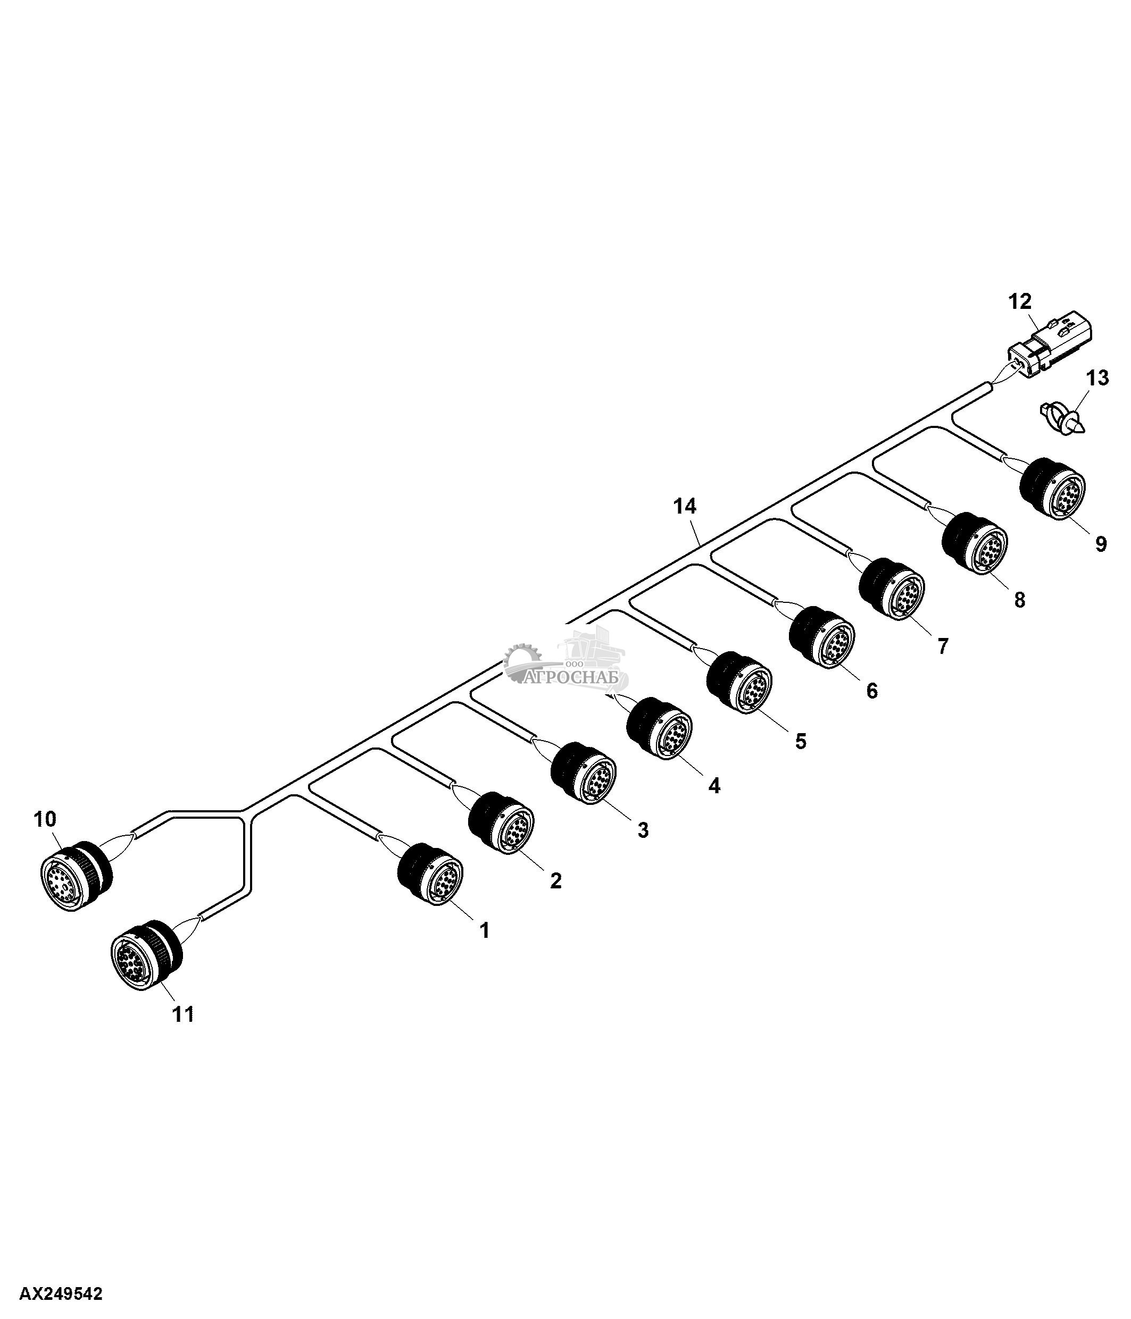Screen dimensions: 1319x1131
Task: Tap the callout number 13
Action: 1096,378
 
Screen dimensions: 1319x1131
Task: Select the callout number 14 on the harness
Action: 685,507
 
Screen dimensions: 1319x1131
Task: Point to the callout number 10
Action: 45,819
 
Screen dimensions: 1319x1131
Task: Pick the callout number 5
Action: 801,741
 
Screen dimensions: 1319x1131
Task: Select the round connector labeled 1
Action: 430,873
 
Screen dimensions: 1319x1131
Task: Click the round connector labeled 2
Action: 502,822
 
